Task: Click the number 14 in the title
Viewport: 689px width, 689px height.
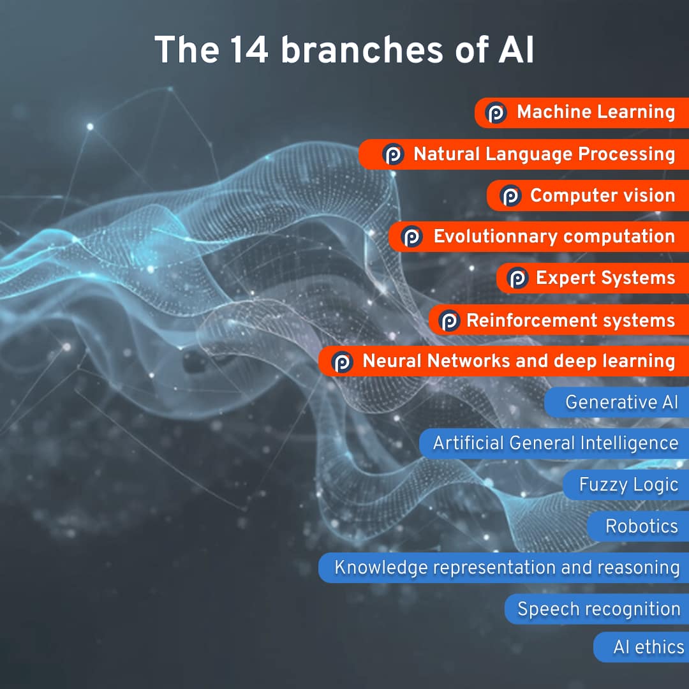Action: coord(249,49)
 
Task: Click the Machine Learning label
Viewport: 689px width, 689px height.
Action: coord(596,112)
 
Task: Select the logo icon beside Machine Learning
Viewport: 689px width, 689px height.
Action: coord(496,112)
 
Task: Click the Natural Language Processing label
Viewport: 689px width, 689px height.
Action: coord(544,154)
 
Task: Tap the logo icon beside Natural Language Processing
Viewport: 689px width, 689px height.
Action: coord(393,154)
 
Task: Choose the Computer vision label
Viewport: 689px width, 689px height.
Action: coord(602,196)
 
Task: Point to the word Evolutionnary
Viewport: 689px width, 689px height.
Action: coord(496,237)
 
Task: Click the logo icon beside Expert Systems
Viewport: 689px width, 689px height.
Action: coord(517,278)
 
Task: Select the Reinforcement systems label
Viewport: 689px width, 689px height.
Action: coord(570,320)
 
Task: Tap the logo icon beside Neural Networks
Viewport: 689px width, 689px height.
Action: coord(343,362)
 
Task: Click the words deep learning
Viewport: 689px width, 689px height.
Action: coord(614,362)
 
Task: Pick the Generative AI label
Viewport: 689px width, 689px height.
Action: coord(621,402)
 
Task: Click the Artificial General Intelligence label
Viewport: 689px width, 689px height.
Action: coord(556,443)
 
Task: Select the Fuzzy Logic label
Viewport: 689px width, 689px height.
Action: coord(628,485)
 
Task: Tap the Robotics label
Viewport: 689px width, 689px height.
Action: coord(642,526)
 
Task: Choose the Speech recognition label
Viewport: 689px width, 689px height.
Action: coord(599,609)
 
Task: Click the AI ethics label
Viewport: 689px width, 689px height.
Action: coord(649,648)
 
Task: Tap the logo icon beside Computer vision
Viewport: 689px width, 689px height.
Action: coord(510,196)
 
